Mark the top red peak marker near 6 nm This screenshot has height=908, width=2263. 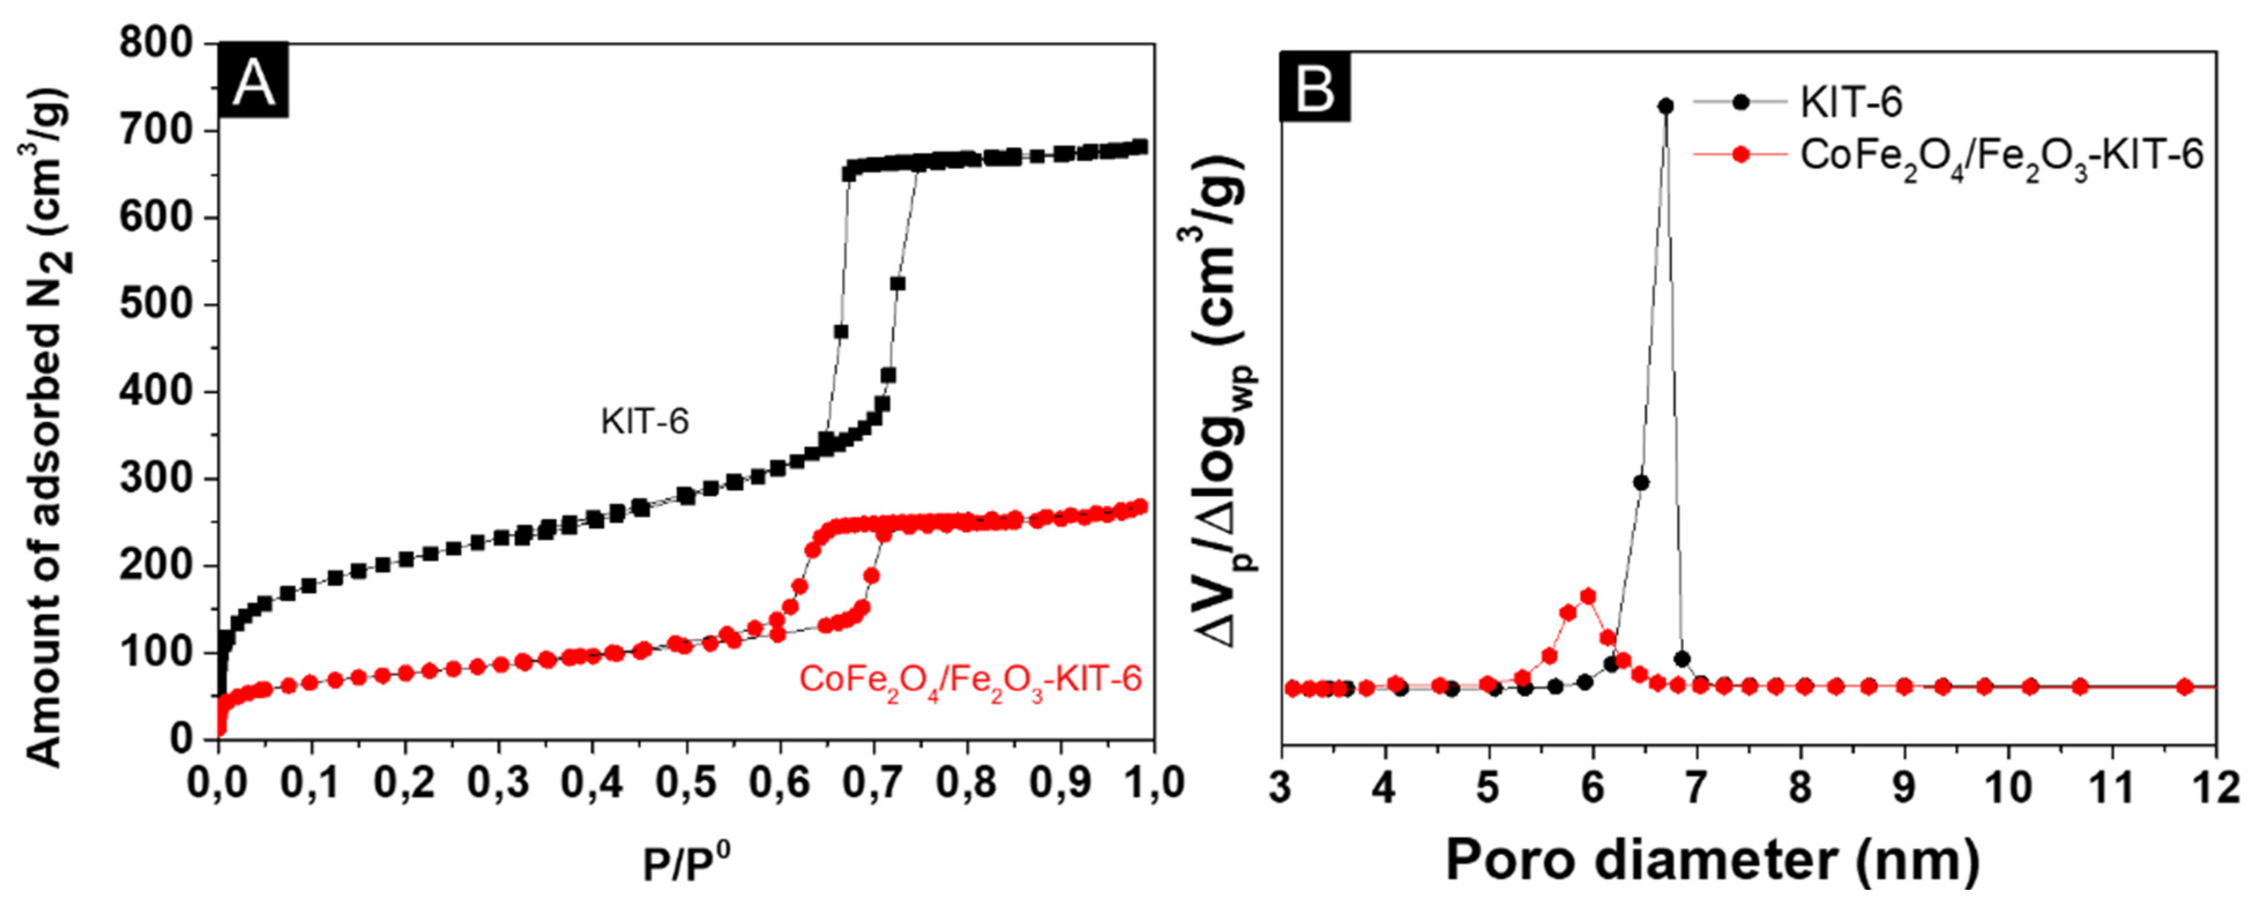point(1588,596)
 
